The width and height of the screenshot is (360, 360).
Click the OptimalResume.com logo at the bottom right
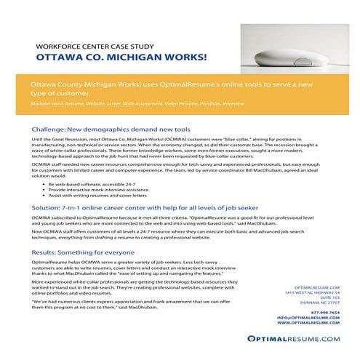(303, 339)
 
